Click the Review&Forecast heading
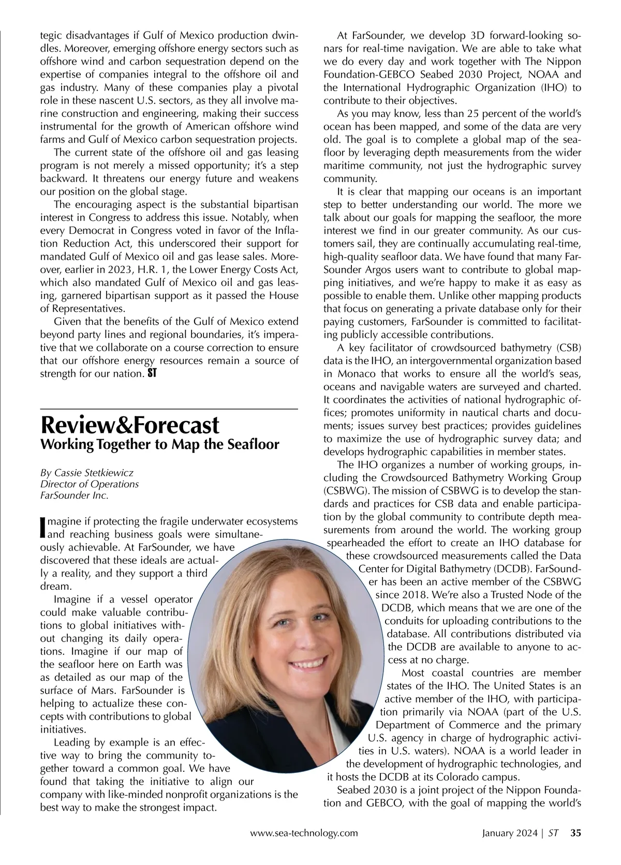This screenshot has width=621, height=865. pos(130,425)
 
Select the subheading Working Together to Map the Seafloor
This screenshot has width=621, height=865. pos(159,444)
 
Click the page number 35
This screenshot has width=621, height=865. pos(576,833)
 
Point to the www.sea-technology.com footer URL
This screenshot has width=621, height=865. pos(304,833)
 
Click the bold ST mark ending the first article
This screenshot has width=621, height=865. pos(152,373)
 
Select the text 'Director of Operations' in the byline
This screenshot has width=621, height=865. pos(90,484)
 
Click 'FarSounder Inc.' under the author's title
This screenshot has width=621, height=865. pos(75,496)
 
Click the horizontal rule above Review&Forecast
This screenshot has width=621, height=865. pos(169,410)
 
